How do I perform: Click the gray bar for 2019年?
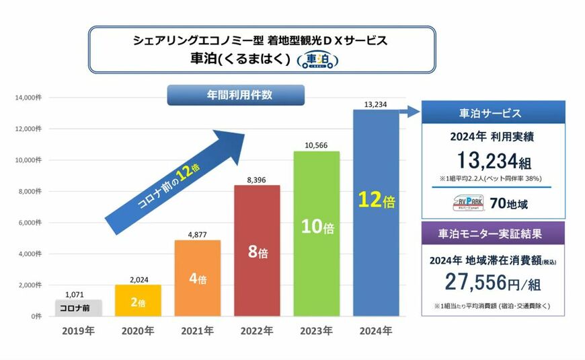tap(77, 308)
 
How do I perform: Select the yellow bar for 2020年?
tap(137, 300)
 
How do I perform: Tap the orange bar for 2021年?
tap(197, 278)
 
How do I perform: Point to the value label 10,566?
tap(317, 145)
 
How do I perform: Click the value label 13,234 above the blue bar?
tap(377, 104)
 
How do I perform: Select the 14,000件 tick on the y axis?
tap(28, 98)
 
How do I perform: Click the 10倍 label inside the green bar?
tap(317, 227)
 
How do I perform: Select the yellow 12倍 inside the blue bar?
tap(377, 201)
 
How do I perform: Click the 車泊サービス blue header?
tap(493, 112)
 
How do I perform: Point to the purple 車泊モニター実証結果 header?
tap(493, 233)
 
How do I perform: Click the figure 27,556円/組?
tap(493, 282)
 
